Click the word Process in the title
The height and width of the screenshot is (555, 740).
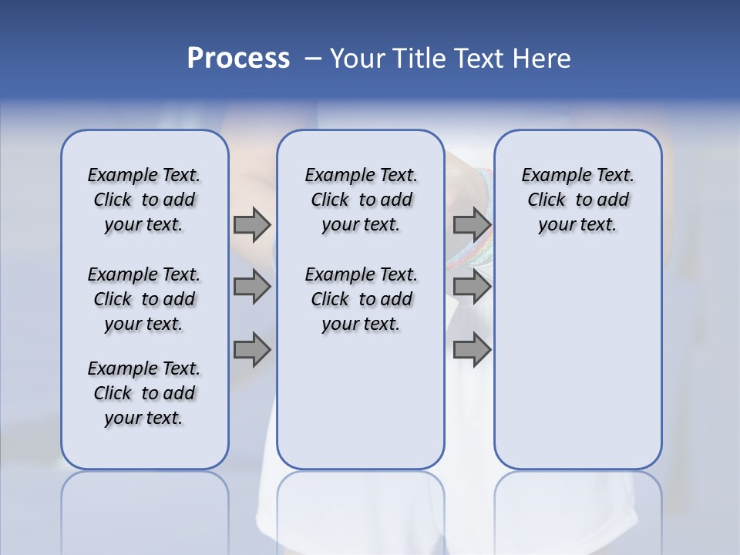pyautogui.click(x=238, y=59)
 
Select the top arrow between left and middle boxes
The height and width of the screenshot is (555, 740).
pyautogui.click(x=252, y=224)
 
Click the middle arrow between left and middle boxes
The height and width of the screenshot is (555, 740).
pyautogui.click(x=252, y=288)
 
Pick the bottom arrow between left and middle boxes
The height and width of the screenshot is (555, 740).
pyautogui.click(x=252, y=351)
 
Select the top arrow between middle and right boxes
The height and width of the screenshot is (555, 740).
pyautogui.click(x=472, y=224)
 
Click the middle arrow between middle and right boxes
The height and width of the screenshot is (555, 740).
pyautogui.click(x=472, y=288)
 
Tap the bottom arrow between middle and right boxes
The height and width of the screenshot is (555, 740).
pyautogui.click(x=472, y=351)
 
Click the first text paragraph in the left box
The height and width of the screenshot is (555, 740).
pyautogui.click(x=144, y=200)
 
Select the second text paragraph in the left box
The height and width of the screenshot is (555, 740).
pyautogui.click(x=144, y=299)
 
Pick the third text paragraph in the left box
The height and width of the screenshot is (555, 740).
pyautogui.click(x=144, y=393)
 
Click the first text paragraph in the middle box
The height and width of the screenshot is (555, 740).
pyautogui.click(x=361, y=200)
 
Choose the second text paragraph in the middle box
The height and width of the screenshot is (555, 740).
pyautogui.click(x=361, y=299)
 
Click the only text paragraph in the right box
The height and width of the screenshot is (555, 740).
pyautogui.click(x=577, y=200)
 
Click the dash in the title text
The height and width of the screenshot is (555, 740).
pyautogui.click(x=313, y=59)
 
